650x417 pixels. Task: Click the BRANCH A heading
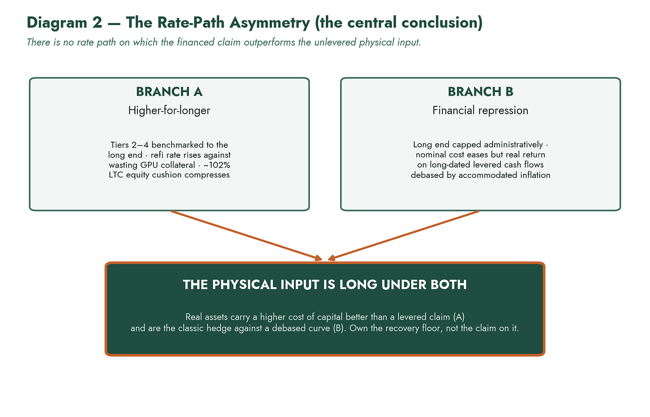tap(169, 92)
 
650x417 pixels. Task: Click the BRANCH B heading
tap(480, 92)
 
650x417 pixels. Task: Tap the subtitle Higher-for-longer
tap(169, 110)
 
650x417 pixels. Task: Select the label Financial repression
tap(480, 110)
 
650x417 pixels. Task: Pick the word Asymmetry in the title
tap(270, 23)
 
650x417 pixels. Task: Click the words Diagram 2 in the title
tap(64, 23)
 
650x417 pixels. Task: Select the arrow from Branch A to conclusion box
tap(246, 236)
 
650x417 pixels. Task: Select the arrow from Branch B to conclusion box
tap(404, 236)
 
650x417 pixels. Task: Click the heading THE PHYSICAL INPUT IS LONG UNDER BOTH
tap(325, 285)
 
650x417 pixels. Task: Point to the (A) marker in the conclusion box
tap(459, 317)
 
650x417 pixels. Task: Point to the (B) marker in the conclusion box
tap(338, 329)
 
